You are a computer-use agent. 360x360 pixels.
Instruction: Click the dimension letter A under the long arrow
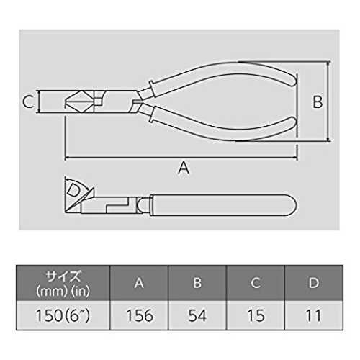(x=184, y=168)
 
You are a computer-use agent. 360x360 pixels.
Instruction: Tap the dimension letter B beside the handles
(x=318, y=102)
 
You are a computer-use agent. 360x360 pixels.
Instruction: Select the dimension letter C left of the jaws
(x=28, y=102)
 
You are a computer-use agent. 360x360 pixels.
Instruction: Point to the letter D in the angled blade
(x=73, y=190)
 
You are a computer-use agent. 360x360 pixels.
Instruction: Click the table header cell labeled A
(x=139, y=283)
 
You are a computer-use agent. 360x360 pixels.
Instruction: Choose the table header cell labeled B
(x=197, y=283)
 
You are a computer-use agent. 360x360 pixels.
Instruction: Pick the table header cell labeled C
(x=256, y=283)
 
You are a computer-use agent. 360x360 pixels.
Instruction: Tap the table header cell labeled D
(x=314, y=283)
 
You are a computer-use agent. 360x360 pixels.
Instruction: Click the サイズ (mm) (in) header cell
(x=63, y=283)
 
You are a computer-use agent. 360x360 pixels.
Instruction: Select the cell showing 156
(x=139, y=315)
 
